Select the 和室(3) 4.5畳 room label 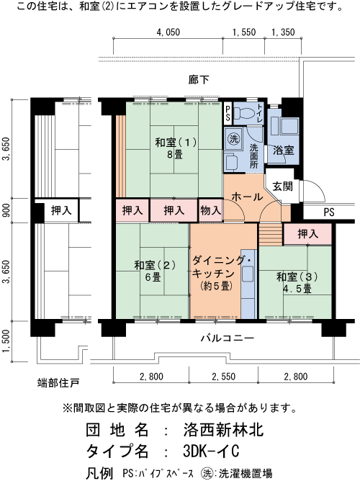294,282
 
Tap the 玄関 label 283,186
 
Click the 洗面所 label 254,157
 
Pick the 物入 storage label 210,210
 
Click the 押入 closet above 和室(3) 307,234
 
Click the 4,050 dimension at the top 167,32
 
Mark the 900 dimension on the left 6,211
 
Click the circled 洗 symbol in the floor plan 233,138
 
